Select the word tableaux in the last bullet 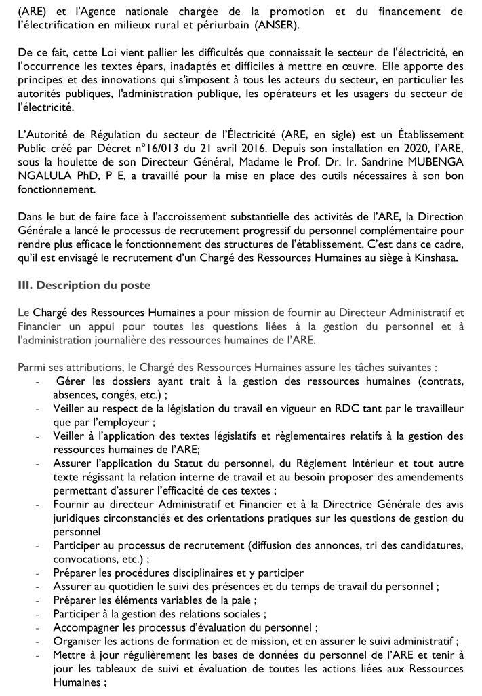96,669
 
